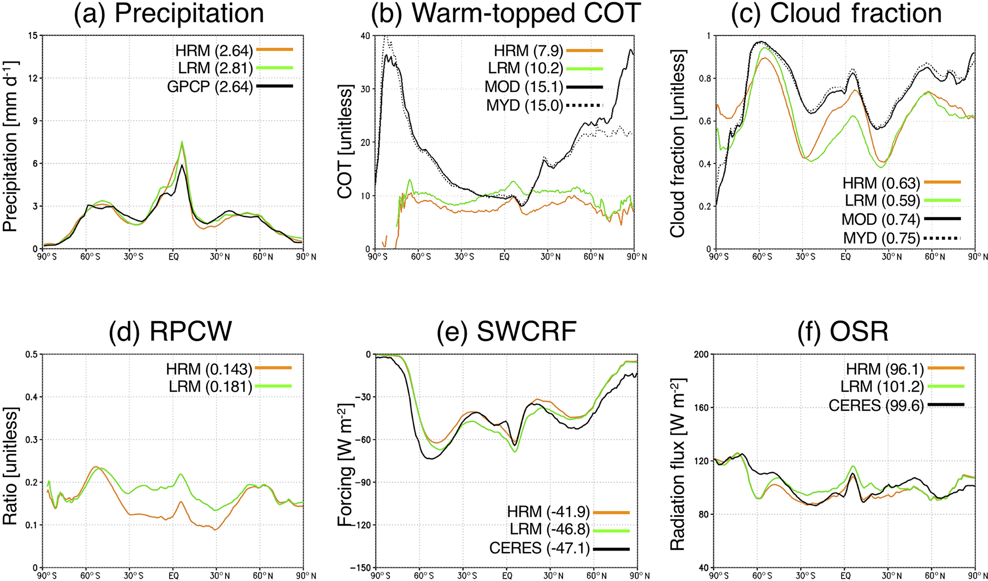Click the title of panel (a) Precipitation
coord(169,13)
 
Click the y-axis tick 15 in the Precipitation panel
coord(33,35)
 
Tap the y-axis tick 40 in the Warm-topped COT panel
coord(366,35)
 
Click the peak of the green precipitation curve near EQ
coord(182,142)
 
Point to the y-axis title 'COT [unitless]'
coord(345,142)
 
